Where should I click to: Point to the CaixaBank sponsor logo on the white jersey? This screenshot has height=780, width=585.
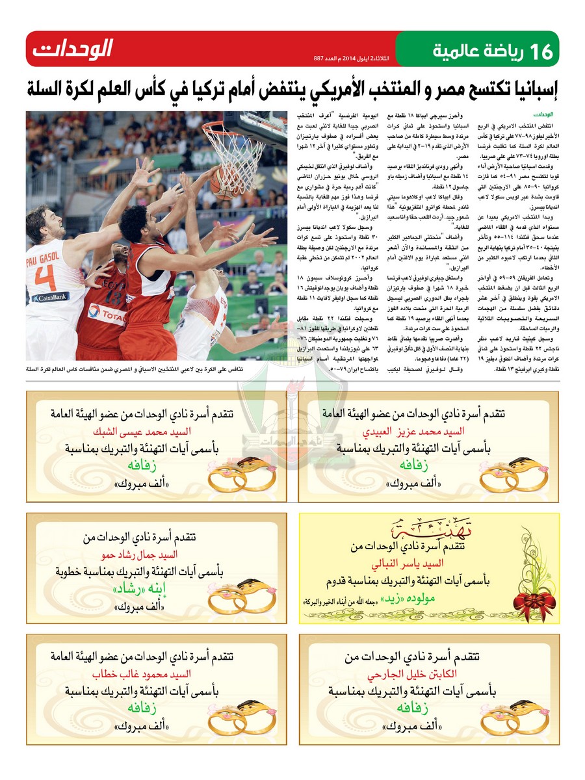coord(50,298)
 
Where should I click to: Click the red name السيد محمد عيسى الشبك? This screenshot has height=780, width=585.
coord(153,432)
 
